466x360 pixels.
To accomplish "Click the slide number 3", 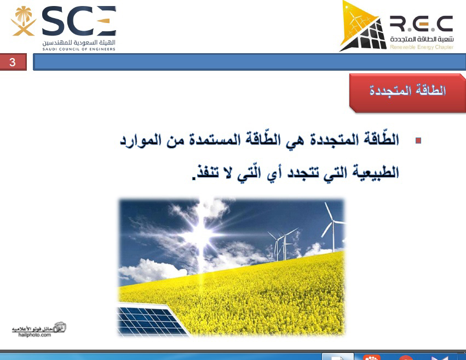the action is coord(13,62).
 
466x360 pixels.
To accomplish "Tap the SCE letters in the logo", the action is coord(79,21).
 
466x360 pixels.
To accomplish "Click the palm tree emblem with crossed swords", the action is coord(24,21).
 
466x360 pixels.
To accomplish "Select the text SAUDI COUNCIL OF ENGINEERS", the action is coord(79,49).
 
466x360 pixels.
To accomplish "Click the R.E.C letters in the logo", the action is coord(422,24).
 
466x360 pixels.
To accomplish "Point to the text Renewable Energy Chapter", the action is coord(422,47).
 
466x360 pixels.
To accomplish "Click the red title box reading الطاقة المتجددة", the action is coord(407,93).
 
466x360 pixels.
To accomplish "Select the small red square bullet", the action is coord(418,140).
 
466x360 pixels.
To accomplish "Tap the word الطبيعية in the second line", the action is coord(376,173).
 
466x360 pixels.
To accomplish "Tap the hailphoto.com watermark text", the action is coord(34,335).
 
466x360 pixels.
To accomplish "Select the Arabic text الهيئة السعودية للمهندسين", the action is coord(79,43).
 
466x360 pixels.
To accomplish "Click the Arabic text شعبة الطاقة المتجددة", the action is coord(422,39).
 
